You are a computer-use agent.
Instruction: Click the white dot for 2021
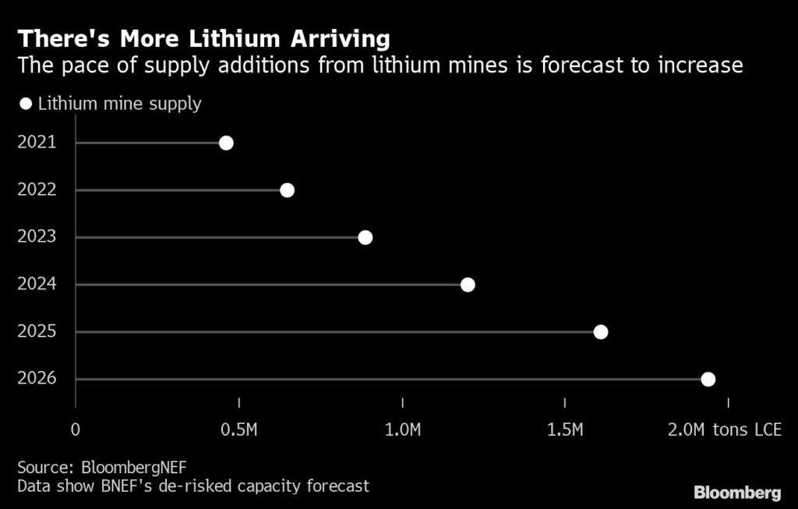226,143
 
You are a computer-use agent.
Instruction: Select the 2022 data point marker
287,190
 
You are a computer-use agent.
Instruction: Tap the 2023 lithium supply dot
365,237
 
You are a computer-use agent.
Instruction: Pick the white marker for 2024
468,285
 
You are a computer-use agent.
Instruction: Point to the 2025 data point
601,332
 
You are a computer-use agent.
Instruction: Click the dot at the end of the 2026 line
708,380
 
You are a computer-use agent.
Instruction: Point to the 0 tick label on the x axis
76,429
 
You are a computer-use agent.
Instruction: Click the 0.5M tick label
239,429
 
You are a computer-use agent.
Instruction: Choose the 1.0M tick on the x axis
402,429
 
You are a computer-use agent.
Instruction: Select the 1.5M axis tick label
565,429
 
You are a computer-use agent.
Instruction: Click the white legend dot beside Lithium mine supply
26,104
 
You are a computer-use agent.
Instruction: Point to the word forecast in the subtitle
598,65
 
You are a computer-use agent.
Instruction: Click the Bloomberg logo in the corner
736,493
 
